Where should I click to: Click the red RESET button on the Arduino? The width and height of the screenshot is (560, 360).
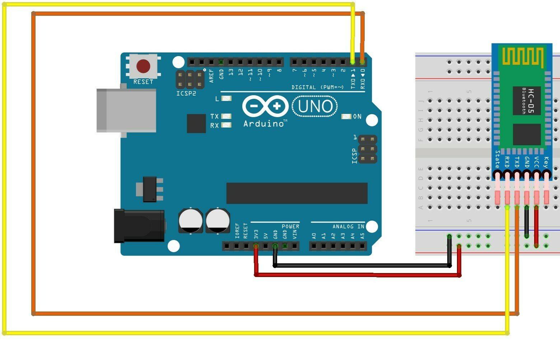(143, 66)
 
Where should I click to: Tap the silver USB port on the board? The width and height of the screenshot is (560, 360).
(126, 110)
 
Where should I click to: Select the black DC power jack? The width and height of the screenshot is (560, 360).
(139, 226)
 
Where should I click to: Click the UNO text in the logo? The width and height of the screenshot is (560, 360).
(315, 106)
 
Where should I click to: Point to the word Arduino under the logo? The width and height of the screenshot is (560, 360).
(263, 124)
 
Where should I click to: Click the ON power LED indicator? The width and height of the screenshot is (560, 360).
(346, 116)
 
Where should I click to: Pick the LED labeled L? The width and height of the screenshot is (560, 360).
(227, 98)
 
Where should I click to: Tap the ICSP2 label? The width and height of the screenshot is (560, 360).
(186, 93)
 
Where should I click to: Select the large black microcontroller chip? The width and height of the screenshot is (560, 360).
(297, 193)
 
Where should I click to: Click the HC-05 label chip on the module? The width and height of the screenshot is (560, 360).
(527, 101)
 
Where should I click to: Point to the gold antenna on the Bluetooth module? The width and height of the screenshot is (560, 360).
(522, 57)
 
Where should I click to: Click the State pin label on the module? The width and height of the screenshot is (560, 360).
(497, 159)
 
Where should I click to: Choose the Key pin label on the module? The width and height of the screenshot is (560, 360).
(546, 162)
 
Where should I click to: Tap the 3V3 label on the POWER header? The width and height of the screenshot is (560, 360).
(256, 234)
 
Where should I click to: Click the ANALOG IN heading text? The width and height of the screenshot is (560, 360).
(348, 226)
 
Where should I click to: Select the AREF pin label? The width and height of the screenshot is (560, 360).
(211, 76)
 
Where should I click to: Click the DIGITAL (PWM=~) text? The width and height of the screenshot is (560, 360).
(317, 87)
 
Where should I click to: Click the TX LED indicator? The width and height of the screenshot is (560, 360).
(226, 116)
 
